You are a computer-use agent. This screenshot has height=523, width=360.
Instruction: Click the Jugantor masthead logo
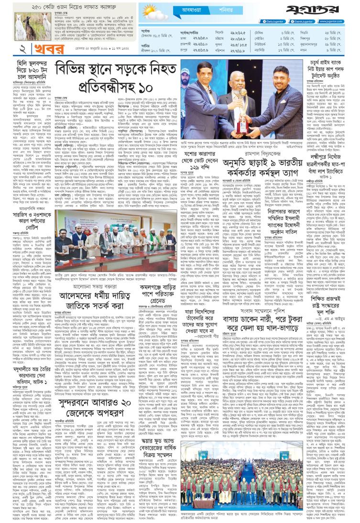(x=319, y=10)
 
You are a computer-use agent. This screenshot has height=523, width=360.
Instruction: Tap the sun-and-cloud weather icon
(x=153, y=11)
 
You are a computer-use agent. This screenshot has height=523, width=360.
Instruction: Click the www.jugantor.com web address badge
(x=338, y=22)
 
